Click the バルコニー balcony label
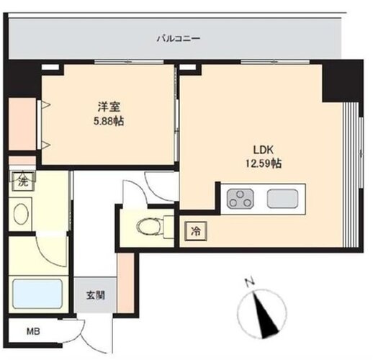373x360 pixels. click(179, 38)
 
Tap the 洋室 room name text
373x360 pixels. click(109, 107)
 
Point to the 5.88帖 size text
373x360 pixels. click(109, 122)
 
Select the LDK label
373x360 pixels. click(264, 150)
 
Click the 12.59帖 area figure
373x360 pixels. click(264, 163)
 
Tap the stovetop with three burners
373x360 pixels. click(241, 198)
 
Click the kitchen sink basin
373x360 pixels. click(282, 199)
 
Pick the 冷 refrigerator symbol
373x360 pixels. click(196, 231)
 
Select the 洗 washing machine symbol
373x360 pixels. click(23, 181)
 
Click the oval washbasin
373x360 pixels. click(21, 213)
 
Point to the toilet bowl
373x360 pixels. click(150, 227)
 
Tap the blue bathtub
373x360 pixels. click(37, 294)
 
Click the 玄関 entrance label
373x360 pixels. click(96, 295)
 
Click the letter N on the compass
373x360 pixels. click(250, 282)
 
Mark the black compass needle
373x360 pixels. click(266, 315)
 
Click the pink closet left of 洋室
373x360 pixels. click(22, 124)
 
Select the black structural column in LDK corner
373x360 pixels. click(342, 81)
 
